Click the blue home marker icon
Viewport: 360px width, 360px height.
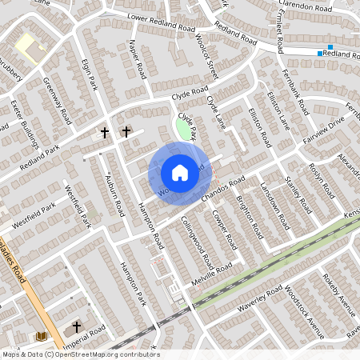point(180,173)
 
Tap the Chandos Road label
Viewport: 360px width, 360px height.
point(222,190)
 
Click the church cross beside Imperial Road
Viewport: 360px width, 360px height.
point(77,326)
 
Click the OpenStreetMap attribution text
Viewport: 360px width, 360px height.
point(80,354)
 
